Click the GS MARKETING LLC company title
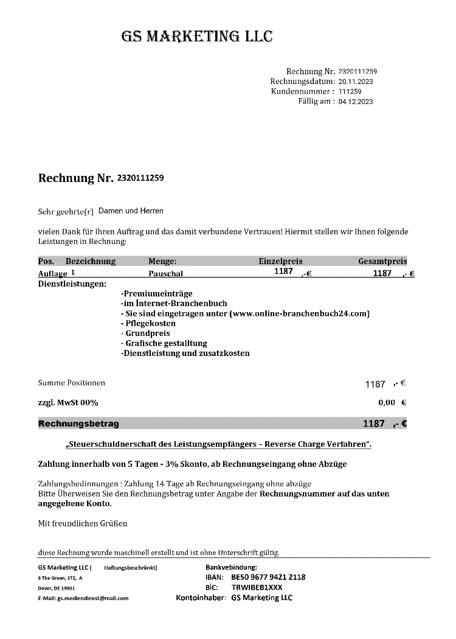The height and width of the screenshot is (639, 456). click(x=197, y=37)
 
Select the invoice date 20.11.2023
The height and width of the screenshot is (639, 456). click(x=356, y=81)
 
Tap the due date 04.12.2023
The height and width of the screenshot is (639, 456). click(x=356, y=102)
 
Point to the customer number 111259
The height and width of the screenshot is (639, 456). click(x=350, y=91)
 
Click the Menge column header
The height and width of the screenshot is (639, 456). click(x=162, y=261)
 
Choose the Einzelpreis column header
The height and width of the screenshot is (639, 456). click(x=280, y=261)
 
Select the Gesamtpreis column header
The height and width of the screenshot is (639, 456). click(x=382, y=261)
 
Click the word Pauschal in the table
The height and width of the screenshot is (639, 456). click(x=165, y=274)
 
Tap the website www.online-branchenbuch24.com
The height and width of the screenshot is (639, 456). click(x=300, y=313)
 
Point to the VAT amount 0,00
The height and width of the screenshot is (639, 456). click(x=387, y=402)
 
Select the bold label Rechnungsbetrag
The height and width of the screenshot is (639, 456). click(x=78, y=424)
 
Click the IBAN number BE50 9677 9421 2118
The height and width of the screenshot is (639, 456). click(x=268, y=577)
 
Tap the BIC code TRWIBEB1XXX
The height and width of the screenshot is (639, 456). click(x=257, y=587)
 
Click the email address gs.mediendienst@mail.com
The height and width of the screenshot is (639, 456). click(x=92, y=598)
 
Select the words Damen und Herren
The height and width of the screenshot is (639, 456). click(x=131, y=211)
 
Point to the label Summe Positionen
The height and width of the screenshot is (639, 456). click(x=71, y=383)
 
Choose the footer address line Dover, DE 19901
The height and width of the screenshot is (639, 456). click(x=57, y=588)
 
